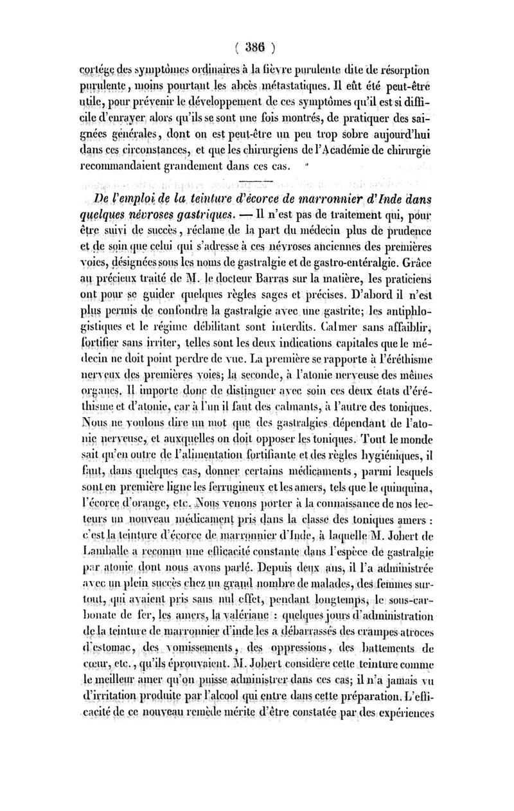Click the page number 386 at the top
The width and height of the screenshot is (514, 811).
click(256, 46)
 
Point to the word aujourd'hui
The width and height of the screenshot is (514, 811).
click(395, 134)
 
